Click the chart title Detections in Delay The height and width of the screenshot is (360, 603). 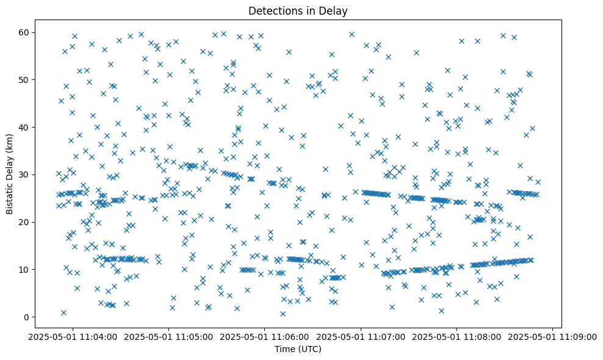[x=298, y=10]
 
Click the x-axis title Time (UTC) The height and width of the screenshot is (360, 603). [x=298, y=350]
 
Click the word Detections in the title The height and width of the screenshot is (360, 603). [x=273, y=10]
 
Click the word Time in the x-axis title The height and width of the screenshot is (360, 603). [x=284, y=350]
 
